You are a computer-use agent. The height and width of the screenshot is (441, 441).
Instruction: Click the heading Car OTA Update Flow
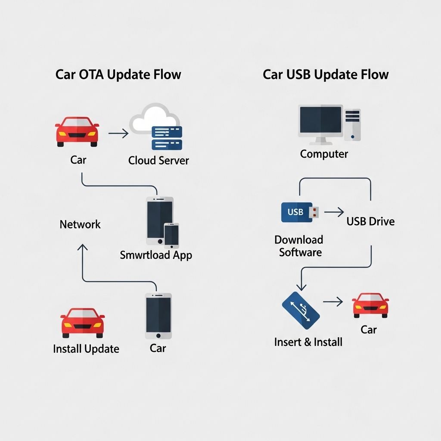pos(118,75)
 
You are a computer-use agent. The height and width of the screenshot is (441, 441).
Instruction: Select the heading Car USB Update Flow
pos(326,75)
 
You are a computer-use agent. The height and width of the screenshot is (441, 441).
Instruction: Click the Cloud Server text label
pos(158,161)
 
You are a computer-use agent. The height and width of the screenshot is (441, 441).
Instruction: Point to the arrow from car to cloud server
pos(118,134)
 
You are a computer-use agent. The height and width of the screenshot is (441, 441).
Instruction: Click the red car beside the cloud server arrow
pos(77,131)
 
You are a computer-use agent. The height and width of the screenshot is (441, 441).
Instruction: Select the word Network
pos(80,224)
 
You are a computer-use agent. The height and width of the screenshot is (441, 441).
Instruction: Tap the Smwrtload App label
pos(156,255)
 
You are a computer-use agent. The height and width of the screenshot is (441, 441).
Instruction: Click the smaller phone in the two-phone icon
pos(171,235)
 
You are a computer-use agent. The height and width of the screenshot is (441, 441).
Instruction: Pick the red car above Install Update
pos(82,323)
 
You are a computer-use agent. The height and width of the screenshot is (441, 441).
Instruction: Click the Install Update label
pos(86,349)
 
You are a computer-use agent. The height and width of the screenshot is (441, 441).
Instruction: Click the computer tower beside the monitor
pos(352,124)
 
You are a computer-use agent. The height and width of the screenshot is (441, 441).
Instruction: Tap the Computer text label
pos(324,154)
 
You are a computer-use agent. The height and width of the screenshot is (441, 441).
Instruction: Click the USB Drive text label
pos(370,222)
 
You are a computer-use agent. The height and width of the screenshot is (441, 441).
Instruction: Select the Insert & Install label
pos(308,342)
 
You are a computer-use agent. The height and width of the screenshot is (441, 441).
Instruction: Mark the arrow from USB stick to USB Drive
pos(334,212)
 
